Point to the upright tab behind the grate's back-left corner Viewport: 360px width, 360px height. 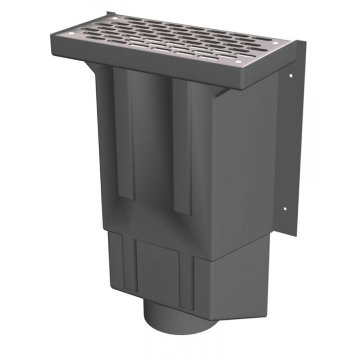pyautogui.click(x=110, y=15)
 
